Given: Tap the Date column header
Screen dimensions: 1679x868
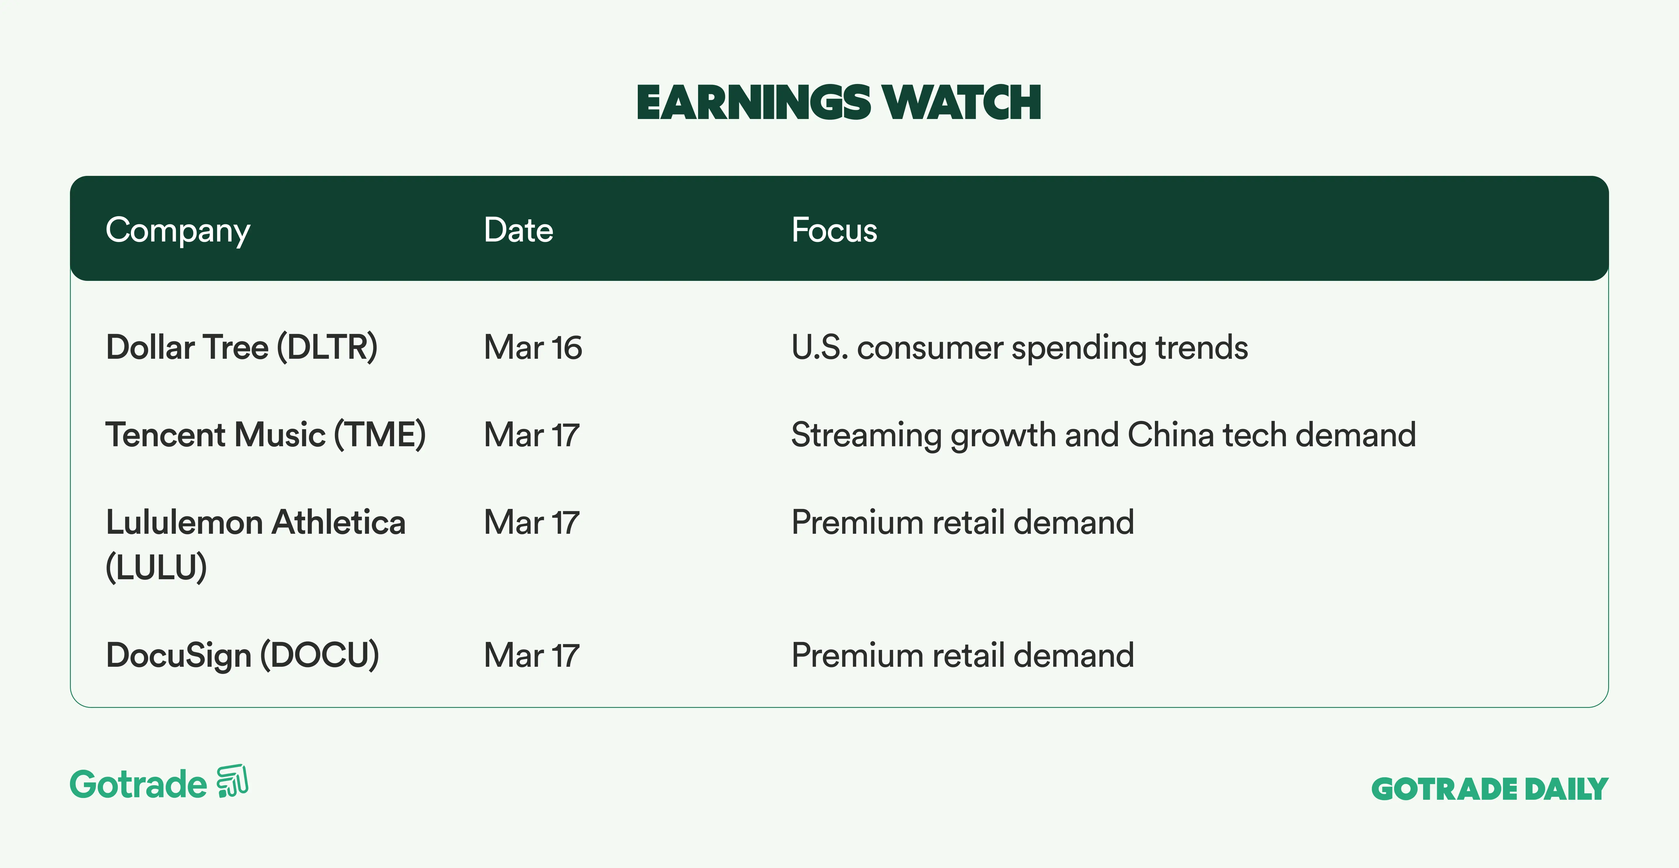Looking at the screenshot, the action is (518, 230).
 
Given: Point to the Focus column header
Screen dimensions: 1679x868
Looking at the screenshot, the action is (834, 230).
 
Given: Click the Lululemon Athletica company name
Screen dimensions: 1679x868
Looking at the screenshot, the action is (256, 522).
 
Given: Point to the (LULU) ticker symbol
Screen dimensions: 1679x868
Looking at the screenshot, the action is (157, 567).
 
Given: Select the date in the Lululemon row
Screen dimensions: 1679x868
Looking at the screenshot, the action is (531, 522).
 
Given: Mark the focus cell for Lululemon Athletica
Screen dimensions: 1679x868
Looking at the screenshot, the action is (963, 522).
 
